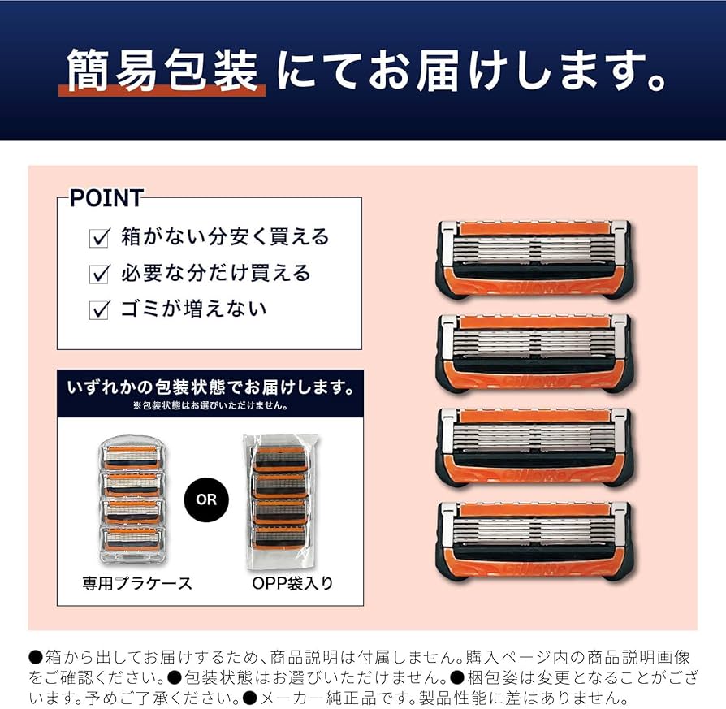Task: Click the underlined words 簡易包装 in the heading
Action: pyautogui.click(x=162, y=71)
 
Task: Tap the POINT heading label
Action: pyautogui.click(x=106, y=198)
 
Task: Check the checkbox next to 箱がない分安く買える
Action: pyautogui.click(x=99, y=238)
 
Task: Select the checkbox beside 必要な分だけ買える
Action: pyautogui.click(x=99, y=274)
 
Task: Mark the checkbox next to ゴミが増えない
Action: pyautogui.click(x=99, y=309)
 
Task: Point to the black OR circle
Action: pyautogui.click(x=206, y=499)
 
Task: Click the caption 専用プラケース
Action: pyautogui.click(x=136, y=583)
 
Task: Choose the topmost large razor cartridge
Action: pyautogui.click(x=534, y=257)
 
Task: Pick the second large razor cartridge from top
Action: pyautogui.click(x=534, y=352)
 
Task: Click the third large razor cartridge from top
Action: pyautogui.click(x=534, y=446)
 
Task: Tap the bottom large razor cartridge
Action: pyautogui.click(x=534, y=541)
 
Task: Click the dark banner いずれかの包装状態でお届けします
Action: pyautogui.click(x=210, y=387)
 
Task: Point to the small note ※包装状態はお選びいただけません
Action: pyautogui.click(x=210, y=404)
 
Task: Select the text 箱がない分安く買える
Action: pyautogui.click(x=225, y=237)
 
